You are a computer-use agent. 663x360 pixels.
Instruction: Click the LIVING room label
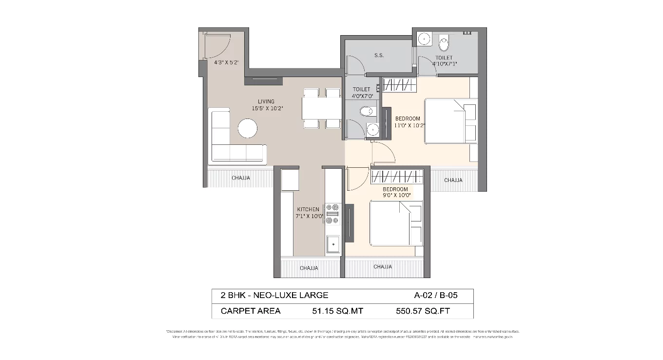(x=266, y=102)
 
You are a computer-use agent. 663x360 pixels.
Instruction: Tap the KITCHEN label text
(x=308, y=209)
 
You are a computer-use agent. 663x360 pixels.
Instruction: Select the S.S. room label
(x=379, y=56)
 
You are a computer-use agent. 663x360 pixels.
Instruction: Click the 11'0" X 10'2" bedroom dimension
(x=410, y=125)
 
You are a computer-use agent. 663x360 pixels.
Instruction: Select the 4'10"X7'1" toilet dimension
(x=444, y=63)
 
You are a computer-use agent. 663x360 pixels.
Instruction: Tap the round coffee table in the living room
(x=248, y=129)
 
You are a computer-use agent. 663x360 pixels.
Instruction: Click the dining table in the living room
(x=321, y=108)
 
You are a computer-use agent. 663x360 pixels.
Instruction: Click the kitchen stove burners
(x=332, y=214)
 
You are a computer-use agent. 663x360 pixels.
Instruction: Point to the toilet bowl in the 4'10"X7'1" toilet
(x=444, y=44)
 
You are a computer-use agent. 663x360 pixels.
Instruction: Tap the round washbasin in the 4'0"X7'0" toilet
(x=373, y=129)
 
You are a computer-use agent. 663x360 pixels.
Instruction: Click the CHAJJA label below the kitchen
(x=309, y=268)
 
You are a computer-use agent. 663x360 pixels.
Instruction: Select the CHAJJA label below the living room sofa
(x=241, y=178)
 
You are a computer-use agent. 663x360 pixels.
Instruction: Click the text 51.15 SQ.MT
(x=337, y=311)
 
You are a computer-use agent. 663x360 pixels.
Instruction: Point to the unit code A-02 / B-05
(x=436, y=295)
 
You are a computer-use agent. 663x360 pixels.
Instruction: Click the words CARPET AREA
(x=251, y=311)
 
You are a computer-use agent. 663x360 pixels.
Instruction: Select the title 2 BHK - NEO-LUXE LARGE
(x=274, y=295)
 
